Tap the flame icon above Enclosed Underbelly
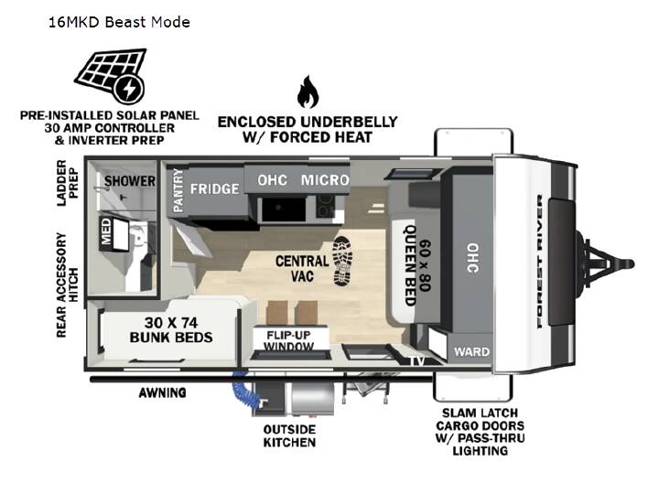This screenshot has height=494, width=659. (x=308, y=91)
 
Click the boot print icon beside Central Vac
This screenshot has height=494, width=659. (x=342, y=262)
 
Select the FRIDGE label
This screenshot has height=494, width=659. (x=214, y=189)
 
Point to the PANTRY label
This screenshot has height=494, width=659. (x=178, y=190)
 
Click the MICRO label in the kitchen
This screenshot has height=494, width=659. (x=325, y=180)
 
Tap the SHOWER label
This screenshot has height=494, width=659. (x=130, y=181)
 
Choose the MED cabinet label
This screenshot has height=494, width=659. (x=106, y=231)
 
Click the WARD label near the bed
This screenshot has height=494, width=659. (x=471, y=351)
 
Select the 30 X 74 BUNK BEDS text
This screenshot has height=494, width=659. (x=171, y=330)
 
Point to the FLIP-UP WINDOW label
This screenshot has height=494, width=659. (x=288, y=340)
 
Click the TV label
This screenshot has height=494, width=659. (x=417, y=360)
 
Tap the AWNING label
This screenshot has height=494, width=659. (x=163, y=392)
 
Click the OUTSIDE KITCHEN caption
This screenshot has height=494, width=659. (x=289, y=435)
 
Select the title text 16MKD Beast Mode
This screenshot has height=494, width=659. (x=119, y=22)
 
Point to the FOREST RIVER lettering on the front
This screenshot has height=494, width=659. (x=540, y=262)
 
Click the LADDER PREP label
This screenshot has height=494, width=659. (x=68, y=183)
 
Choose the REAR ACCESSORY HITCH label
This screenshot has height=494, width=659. (x=68, y=285)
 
